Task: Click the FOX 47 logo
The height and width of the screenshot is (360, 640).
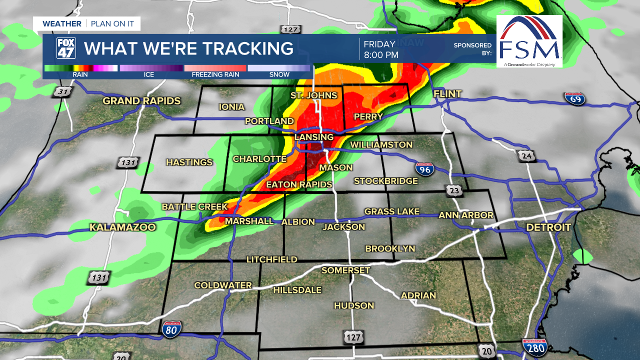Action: [66, 48]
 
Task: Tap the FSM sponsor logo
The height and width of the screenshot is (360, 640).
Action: [529, 41]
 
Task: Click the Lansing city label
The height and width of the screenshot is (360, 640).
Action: [314, 137]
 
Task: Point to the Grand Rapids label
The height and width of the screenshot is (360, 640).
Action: [141, 101]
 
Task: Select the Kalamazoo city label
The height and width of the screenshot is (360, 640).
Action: [122, 227]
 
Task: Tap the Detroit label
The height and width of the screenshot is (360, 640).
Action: [548, 227]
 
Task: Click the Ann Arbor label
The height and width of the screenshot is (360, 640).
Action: [466, 215]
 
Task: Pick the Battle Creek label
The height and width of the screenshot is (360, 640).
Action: [194, 206]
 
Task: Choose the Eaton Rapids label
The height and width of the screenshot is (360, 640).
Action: [299, 184]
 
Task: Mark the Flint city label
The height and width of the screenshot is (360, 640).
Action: [447, 94]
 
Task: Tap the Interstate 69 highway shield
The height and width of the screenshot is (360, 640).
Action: [574, 98]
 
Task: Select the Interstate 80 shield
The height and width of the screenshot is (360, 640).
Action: [171, 328]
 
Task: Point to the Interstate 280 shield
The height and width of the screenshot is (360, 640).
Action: [534, 346]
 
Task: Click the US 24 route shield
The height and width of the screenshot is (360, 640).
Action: [526, 156]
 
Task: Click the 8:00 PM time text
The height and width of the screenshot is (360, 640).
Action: [381, 55]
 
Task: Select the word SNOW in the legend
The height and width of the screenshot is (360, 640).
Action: [279, 74]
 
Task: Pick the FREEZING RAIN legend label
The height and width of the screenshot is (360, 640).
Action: [215, 74]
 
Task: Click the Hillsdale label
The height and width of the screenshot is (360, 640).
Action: [297, 290]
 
